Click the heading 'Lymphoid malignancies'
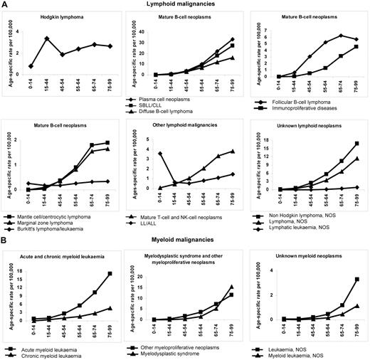pyautogui.click(x=185, y=6)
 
